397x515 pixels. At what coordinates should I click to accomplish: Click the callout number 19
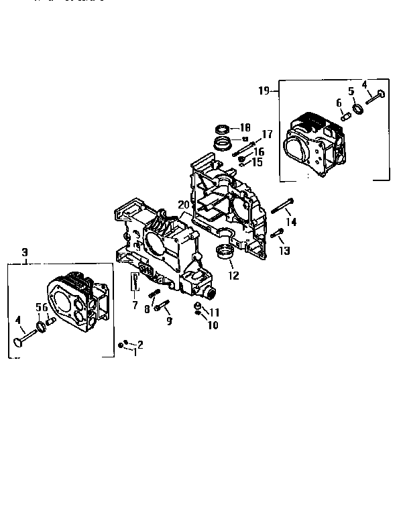tap(264, 89)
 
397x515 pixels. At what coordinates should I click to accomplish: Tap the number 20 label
tap(183, 205)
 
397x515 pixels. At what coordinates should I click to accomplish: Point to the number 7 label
tap(135, 305)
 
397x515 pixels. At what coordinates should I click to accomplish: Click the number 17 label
tap(267, 133)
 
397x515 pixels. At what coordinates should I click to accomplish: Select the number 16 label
tap(258, 152)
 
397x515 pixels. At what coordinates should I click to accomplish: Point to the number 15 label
tap(258, 162)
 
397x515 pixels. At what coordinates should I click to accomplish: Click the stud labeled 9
tap(164, 308)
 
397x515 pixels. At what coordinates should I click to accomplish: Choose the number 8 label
tap(147, 309)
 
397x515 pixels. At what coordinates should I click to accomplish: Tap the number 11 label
tap(215, 312)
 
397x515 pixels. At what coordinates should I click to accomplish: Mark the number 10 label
tap(213, 326)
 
